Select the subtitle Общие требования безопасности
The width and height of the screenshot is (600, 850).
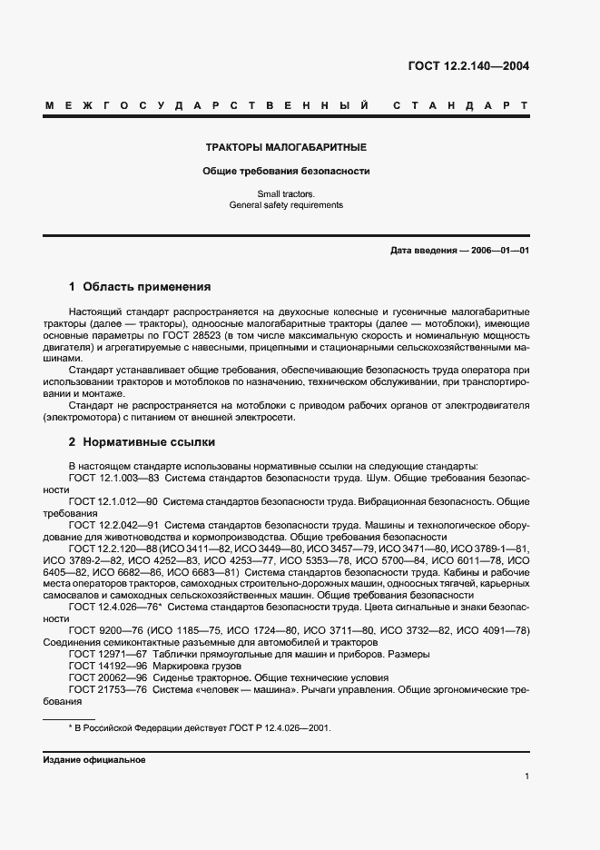[x=286, y=171]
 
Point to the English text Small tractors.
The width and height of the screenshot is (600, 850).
[x=286, y=193]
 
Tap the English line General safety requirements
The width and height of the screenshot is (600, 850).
[x=286, y=205]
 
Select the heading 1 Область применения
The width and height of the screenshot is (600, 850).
[x=140, y=287]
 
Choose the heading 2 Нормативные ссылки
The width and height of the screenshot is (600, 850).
[x=142, y=442]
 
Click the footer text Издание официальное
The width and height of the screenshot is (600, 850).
[x=94, y=760]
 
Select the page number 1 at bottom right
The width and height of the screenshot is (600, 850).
[x=526, y=776]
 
